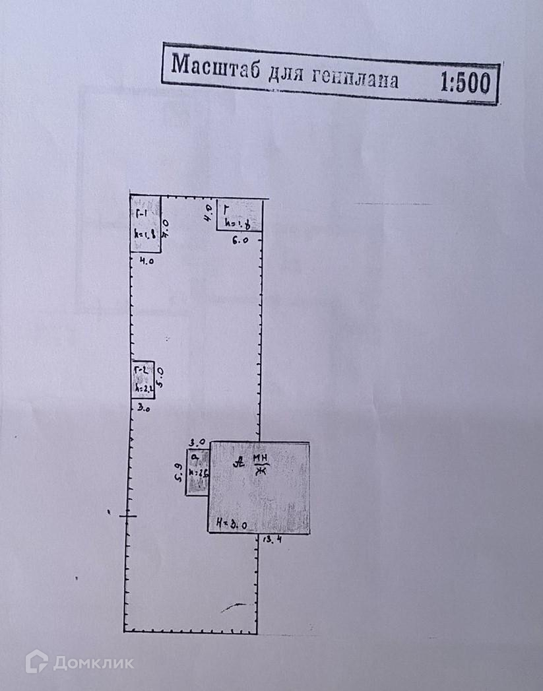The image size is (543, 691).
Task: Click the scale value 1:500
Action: point(464,84)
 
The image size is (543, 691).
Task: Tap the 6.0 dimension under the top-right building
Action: point(240,242)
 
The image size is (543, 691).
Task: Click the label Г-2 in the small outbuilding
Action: point(141,369)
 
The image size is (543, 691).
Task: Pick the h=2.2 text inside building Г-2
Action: point(143,389)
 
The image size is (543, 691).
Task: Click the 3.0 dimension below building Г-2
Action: point(143,409)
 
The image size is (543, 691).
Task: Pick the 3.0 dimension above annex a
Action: point(197,442)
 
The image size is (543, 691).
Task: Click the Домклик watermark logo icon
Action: point(36,661)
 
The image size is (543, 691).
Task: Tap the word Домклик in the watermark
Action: point(93,662)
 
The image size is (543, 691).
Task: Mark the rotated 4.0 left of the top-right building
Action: point(207,212)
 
